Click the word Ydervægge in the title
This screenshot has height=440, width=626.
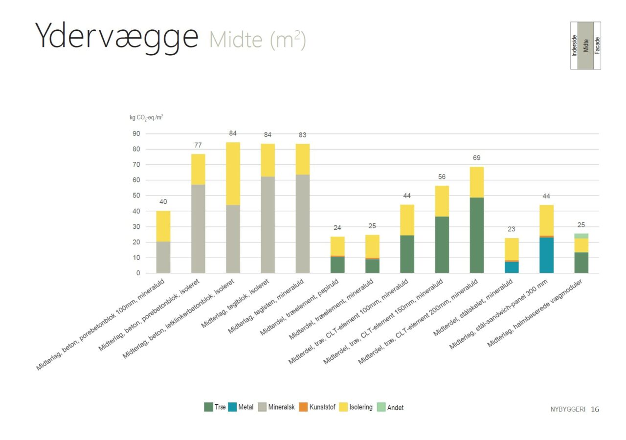point(116,36)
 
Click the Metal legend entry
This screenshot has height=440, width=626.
point(241,407)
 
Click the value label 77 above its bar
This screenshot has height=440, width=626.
point(198,145)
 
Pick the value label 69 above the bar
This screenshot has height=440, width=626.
point(477,158)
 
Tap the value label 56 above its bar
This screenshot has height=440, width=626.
point(442,177)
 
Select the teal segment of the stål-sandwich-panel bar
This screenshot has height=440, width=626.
point(546,255)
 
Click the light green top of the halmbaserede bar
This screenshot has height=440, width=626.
point(581,236)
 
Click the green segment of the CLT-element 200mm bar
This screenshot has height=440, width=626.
point(477,235)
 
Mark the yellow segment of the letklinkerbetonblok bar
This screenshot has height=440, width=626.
point(233,174)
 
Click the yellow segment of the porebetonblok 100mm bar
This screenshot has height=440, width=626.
point(163,226)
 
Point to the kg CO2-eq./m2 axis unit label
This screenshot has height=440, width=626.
point(143,118)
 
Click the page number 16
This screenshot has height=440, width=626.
point(595,409)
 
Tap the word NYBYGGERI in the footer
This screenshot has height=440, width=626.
point(567,410)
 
